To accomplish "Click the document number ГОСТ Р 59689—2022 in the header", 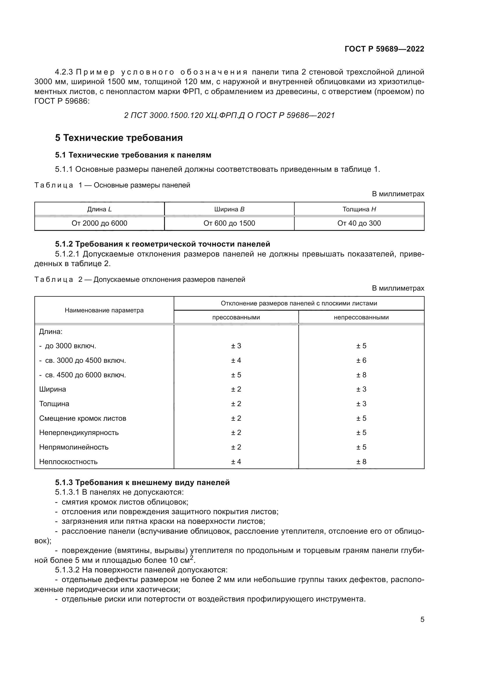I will (384, 49).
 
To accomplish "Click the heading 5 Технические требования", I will (119, 138).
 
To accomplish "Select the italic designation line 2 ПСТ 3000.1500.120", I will (229, 115).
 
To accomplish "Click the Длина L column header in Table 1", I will (99, 209).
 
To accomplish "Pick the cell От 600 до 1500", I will (229, 223).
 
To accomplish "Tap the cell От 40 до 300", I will (359, 223).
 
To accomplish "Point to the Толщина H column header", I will (359, 209).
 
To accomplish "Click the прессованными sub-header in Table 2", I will (236, 317).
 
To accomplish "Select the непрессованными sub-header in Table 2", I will (361, 317).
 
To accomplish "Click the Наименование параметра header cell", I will (104, 310).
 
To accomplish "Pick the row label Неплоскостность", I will (68, 461).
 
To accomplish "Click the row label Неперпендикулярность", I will (79, 432).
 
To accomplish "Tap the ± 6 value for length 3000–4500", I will (361, 360).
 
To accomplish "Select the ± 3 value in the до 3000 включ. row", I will (236, 346).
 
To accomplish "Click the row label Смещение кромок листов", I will (82, 418).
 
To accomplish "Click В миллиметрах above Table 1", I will (398, 194).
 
